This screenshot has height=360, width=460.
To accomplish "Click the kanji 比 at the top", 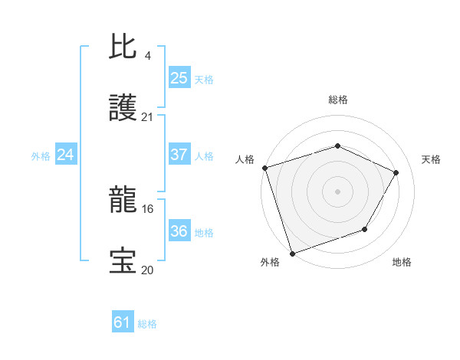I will (x=123, y=47).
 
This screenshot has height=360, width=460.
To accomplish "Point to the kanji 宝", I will (x=123, y=260).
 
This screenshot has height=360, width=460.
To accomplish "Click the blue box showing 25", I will (x=179, y=78).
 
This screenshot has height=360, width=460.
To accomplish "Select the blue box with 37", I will (x=179, y=155).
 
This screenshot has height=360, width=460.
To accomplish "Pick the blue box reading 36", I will (x=179, y=231).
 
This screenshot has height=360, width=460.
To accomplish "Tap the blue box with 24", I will (x=66, y=155).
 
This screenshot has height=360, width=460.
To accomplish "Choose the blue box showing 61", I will (x=123, y=322).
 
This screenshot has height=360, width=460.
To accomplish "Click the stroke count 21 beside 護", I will (x=148, y=117).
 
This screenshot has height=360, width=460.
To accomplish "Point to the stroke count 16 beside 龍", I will (x=148, y=208).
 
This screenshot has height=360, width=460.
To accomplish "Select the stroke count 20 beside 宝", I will (x=148, y=270).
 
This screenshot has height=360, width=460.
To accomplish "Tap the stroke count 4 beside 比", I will (x=148, y=56).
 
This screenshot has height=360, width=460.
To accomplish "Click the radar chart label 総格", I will (x=338, y=100).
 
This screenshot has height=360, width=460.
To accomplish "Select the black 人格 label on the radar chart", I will (x=245, y=159).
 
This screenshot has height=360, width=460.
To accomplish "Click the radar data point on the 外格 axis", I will (x=292, y=253).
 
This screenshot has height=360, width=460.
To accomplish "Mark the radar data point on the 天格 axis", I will (x=396, y=172).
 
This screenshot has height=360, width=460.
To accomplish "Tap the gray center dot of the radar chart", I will (x=338, y=191).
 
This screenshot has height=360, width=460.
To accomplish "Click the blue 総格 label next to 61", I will (x=147, y=323).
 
